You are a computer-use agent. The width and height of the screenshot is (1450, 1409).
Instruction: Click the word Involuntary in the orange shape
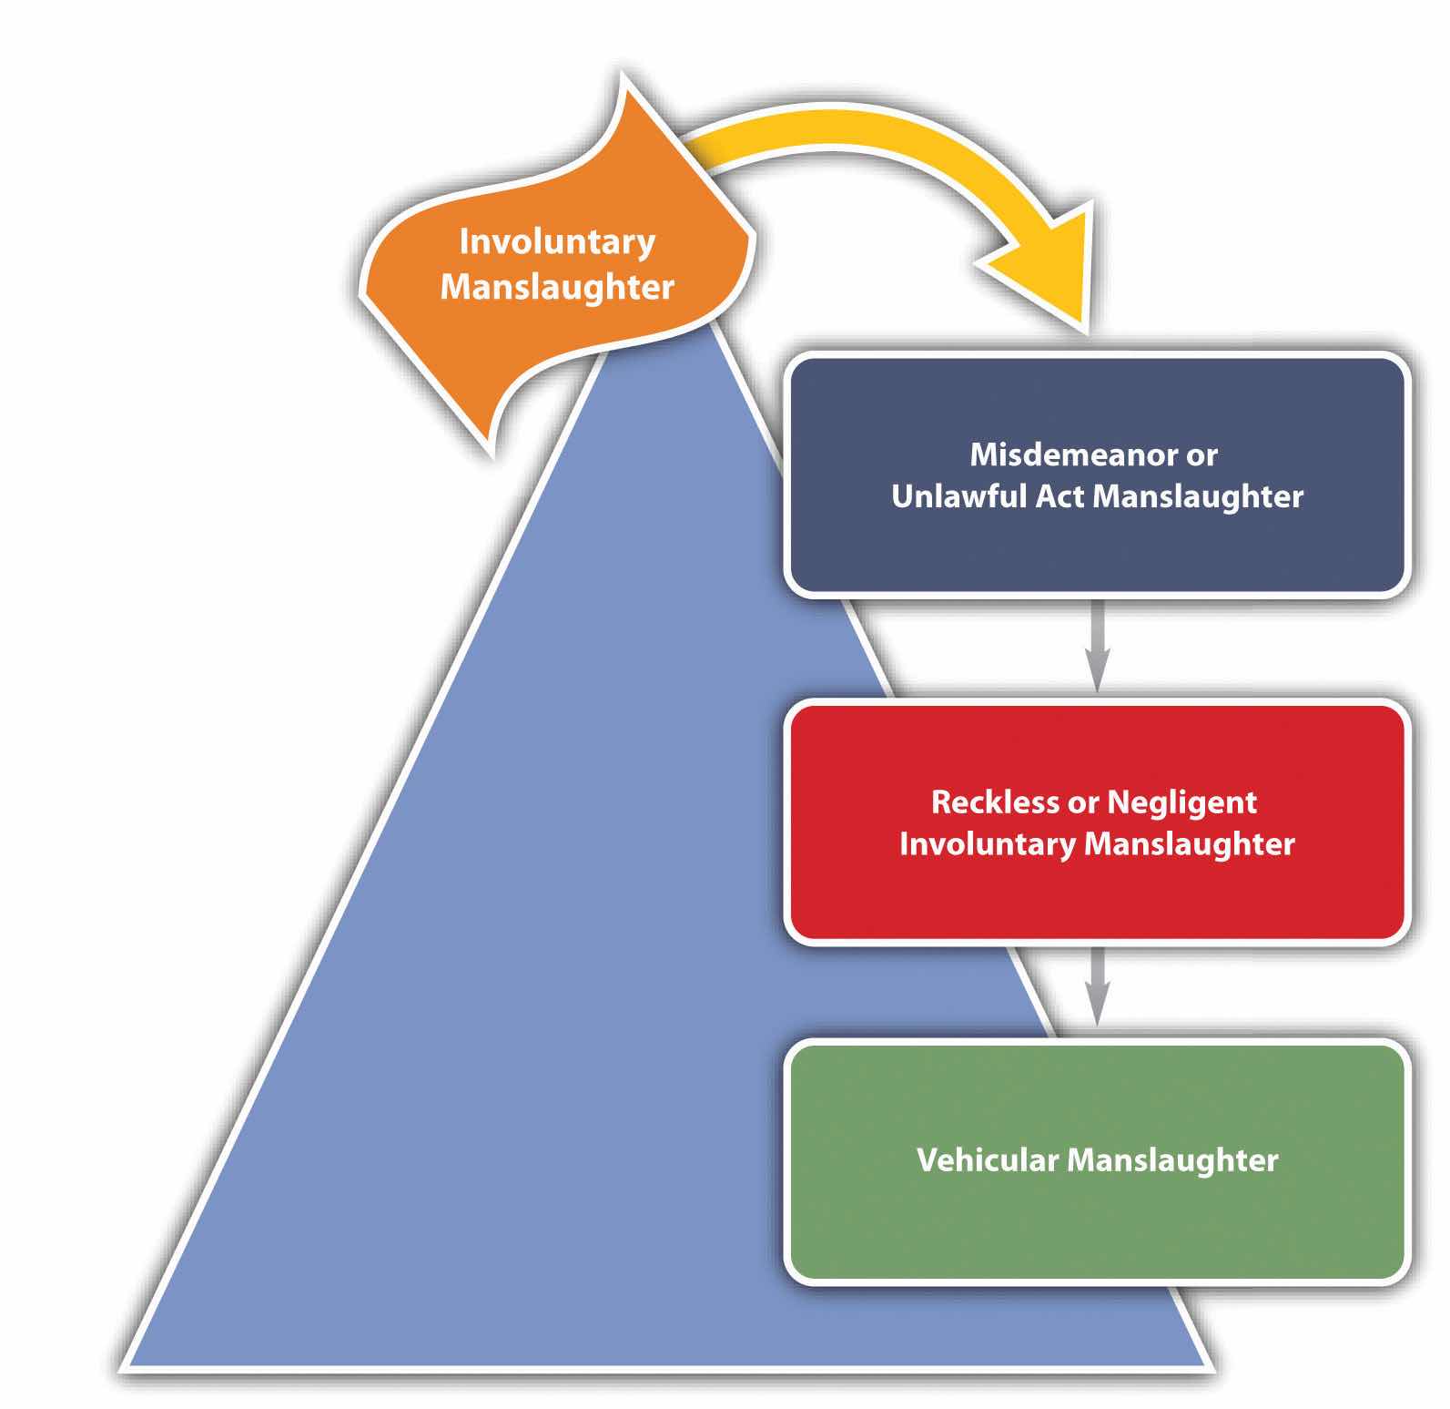tap(557, 242)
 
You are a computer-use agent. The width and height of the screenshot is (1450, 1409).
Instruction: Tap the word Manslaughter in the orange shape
tap(557, 287)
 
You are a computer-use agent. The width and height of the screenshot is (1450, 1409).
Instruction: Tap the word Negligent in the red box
tap(1181, 802)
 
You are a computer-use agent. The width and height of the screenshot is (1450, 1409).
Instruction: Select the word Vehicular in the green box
tap(988, 1160)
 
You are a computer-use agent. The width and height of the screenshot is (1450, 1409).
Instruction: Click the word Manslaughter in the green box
tap(1172, 1160)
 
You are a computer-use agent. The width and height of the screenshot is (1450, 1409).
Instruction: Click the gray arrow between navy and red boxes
tap(1098, 647)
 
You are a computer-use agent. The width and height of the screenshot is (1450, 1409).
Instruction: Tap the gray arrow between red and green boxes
tap(1098, 988)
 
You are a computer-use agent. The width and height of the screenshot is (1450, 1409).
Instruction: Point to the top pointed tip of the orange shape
tap(623, 78)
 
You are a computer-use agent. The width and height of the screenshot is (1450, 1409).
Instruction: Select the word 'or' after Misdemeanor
tap(1202, 454)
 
